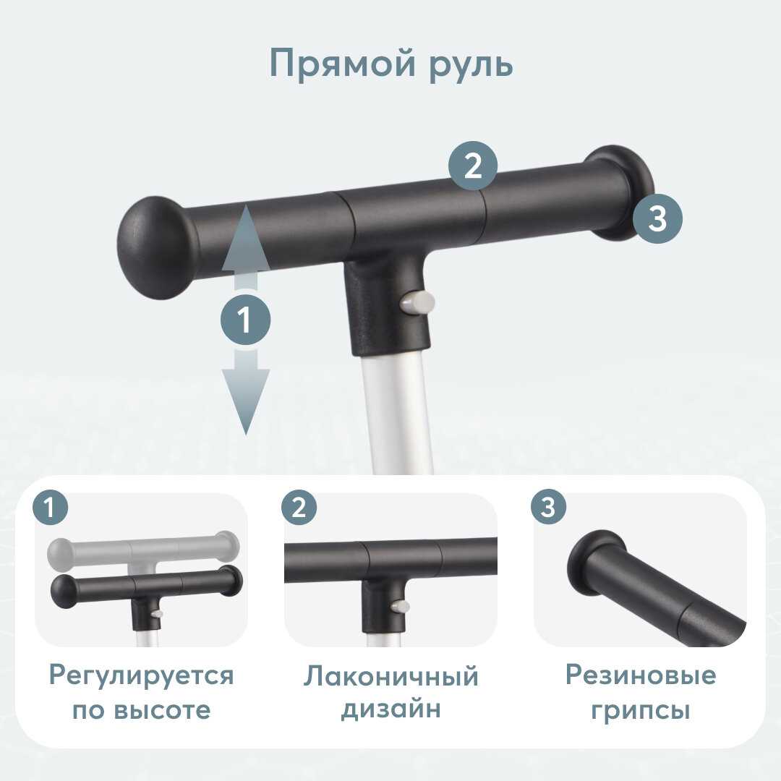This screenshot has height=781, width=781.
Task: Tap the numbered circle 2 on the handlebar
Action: pos(473,166)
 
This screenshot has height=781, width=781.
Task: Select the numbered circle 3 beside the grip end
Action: pos(657,218)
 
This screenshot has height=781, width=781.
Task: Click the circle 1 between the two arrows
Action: pos(246,320)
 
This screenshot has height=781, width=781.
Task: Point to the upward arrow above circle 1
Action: pos(246,247)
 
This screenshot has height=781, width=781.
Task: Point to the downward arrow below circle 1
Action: pos(246,392)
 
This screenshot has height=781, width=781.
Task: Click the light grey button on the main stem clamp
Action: pos(417,302)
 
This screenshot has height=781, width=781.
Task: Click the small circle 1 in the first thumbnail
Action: pos(50,508)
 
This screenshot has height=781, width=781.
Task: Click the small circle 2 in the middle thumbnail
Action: pos(299,508)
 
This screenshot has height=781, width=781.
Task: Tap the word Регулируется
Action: pos(142,676)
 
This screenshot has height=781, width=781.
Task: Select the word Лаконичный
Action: pos(391,676)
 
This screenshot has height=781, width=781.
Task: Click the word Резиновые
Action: pos(641,675)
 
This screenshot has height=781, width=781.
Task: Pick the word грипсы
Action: pos(641,711)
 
